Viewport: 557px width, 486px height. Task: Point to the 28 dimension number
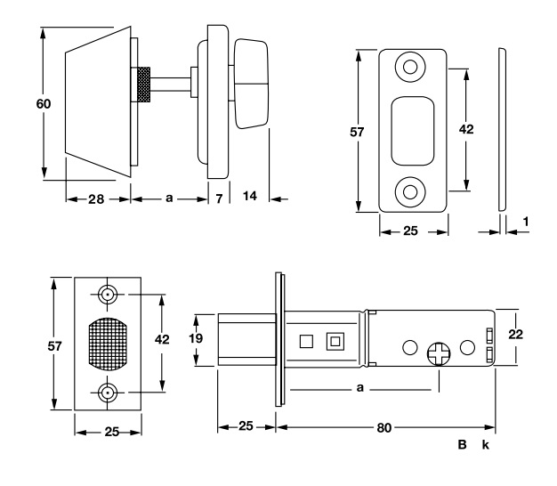(x=96, y=198)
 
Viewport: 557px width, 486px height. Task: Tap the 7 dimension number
(x=219, y=198)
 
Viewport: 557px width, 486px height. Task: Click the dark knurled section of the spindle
(x=142, y=85)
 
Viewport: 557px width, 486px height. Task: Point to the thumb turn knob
(x=251, y=82)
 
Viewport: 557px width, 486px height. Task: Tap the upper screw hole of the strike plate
(x=411, y=67)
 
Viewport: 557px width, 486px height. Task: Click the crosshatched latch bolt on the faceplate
(x=109, y=343)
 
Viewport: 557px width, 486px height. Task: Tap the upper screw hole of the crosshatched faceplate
(x=109, y=294)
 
